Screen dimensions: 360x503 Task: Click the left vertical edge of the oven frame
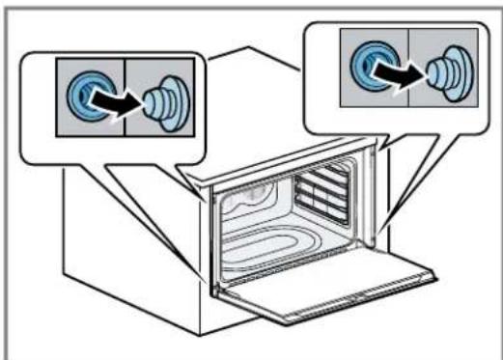[210, 241]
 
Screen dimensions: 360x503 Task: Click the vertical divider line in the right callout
[408, 64]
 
